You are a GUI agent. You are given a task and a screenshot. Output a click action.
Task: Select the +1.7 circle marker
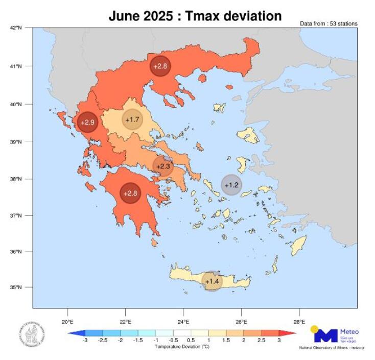(x=132, y=119)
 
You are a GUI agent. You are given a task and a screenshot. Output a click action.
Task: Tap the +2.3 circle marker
(x=163, y=166)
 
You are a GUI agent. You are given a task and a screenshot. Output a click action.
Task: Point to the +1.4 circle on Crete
(x=212, y=281)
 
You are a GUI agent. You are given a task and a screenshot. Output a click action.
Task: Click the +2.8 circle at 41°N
(x=160, y=66)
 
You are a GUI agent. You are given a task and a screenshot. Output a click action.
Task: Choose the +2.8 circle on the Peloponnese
(x=130, y=193)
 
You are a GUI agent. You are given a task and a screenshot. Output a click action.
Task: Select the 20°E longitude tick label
(x=67, y=322)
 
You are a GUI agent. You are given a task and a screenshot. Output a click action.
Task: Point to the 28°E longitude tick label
(x=299, y=322)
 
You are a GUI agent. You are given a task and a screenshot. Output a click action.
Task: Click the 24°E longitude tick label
(x=183, y=322)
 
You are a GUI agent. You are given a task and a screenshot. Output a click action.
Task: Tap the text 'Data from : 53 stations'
(x=329, y=23)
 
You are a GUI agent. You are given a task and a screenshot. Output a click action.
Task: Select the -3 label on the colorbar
(x=85, y=341)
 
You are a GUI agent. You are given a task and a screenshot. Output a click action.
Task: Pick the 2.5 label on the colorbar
(x=262, y=341)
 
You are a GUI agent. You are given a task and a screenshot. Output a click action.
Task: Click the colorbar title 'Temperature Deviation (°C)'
(x=182, y=347)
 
